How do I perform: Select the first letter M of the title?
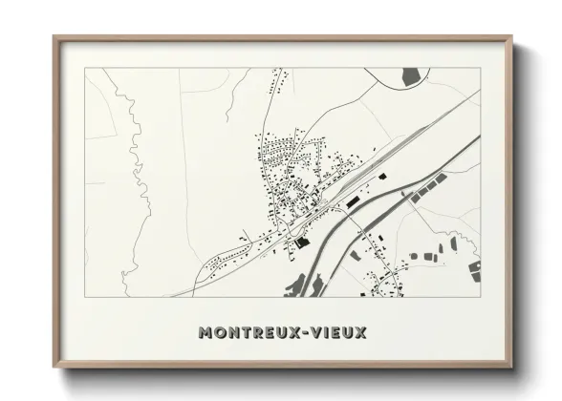[x=205, y=333]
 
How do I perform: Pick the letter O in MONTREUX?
[x=219, y=333]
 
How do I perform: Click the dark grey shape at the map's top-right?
[x=410, y=74]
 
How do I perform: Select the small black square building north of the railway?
[x=381, y=177]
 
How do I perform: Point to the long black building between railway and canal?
[x=352, y=201]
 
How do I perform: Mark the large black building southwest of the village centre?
[x=304, y=243]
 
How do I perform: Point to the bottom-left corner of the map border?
[x=86, y=296]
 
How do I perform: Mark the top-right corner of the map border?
[x=482, y=68]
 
